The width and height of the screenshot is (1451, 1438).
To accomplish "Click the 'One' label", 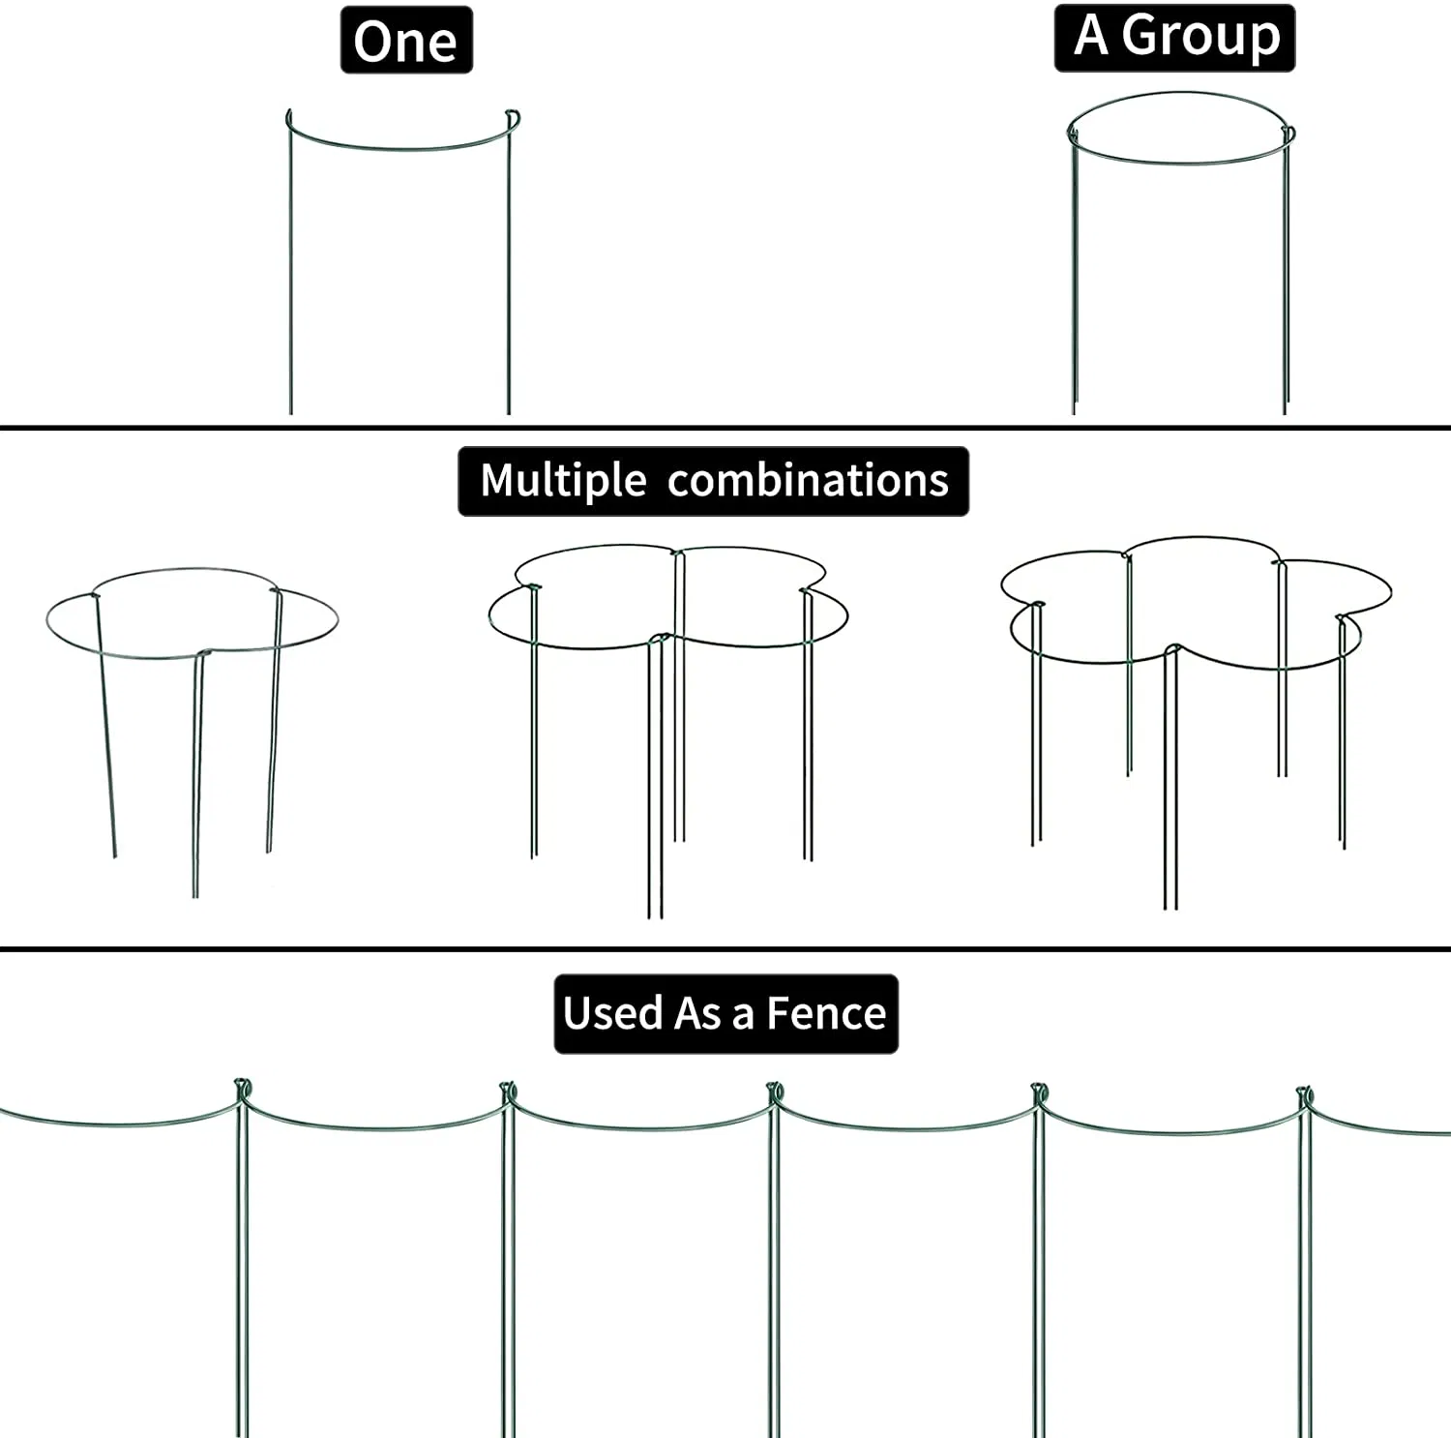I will tap(406, 41).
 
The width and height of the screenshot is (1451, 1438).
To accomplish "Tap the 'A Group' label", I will tap(1175, 38).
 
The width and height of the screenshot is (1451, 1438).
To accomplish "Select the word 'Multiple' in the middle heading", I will tap(563, 481).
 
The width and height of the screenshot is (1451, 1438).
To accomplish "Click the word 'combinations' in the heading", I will tap(808, 481).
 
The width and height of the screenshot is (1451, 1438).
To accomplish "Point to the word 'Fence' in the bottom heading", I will tap(826, 1014).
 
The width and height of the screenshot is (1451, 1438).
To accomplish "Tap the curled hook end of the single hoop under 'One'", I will tap(514, 118).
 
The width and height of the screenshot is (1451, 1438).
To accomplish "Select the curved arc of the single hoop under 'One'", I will tap(399, 148).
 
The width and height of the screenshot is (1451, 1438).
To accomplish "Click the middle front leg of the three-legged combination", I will tap(197, 774).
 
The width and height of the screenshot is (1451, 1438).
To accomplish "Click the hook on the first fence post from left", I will tap(242, 1089).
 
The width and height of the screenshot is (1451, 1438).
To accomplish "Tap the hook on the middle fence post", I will tap(775, 1093).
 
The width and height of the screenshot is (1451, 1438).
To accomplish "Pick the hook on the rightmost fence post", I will tap(1305, 1095).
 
